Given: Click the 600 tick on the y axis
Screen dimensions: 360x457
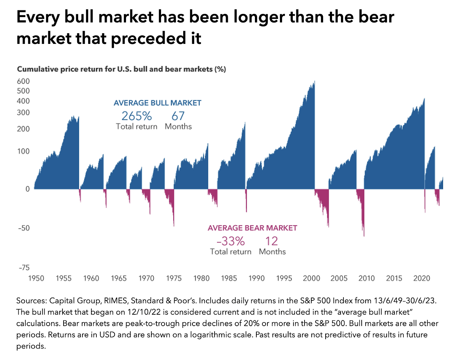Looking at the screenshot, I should (x=23, y=81).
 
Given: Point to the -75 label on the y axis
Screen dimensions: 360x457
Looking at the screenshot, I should (x=24, y=268).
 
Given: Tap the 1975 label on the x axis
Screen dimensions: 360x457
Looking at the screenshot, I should (x=174, y=278).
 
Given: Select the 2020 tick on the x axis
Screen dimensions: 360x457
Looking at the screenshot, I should (x=422, y=278).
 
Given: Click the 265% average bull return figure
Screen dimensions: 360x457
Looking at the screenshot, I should (x=136, y=116).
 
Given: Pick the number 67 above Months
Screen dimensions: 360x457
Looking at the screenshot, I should (x=178, y=116).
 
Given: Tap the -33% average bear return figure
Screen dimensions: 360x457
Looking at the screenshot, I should (x=231, y=241).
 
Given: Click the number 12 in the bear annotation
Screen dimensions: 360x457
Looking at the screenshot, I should (x=272, y=241).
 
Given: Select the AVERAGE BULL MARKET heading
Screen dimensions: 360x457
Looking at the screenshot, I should (x=157, y=103).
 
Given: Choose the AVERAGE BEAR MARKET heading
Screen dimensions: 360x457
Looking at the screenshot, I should (x=252, y=228).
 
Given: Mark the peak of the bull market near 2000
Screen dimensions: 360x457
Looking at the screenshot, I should (x=314, y=82).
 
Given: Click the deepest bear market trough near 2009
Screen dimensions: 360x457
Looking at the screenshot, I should (x=364, y=236).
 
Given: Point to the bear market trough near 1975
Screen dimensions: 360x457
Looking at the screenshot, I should (x=174, y=225).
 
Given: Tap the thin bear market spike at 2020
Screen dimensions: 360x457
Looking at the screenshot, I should (x=425, y=212).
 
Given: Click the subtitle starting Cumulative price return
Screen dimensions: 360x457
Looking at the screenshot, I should (x=121, y=69).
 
